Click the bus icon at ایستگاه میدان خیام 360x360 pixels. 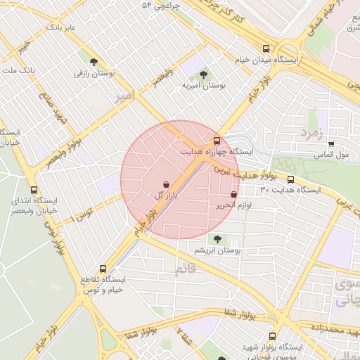(x=265, y=49)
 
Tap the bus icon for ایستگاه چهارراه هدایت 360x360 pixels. (x=216, y=140)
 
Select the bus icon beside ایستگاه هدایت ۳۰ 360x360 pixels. (x=290, y=179)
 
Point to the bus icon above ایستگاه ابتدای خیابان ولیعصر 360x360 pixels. (x=34, y=189)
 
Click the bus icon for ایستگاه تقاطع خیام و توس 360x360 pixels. (x=103, y=269)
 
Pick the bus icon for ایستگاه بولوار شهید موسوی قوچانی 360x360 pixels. (x=271, y=336)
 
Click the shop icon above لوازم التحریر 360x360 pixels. (x=233, y=194)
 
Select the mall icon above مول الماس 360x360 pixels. (x=331, y=143)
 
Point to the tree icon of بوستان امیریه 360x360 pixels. (x=203, y=73)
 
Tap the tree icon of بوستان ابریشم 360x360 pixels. (x=217, y=238)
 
